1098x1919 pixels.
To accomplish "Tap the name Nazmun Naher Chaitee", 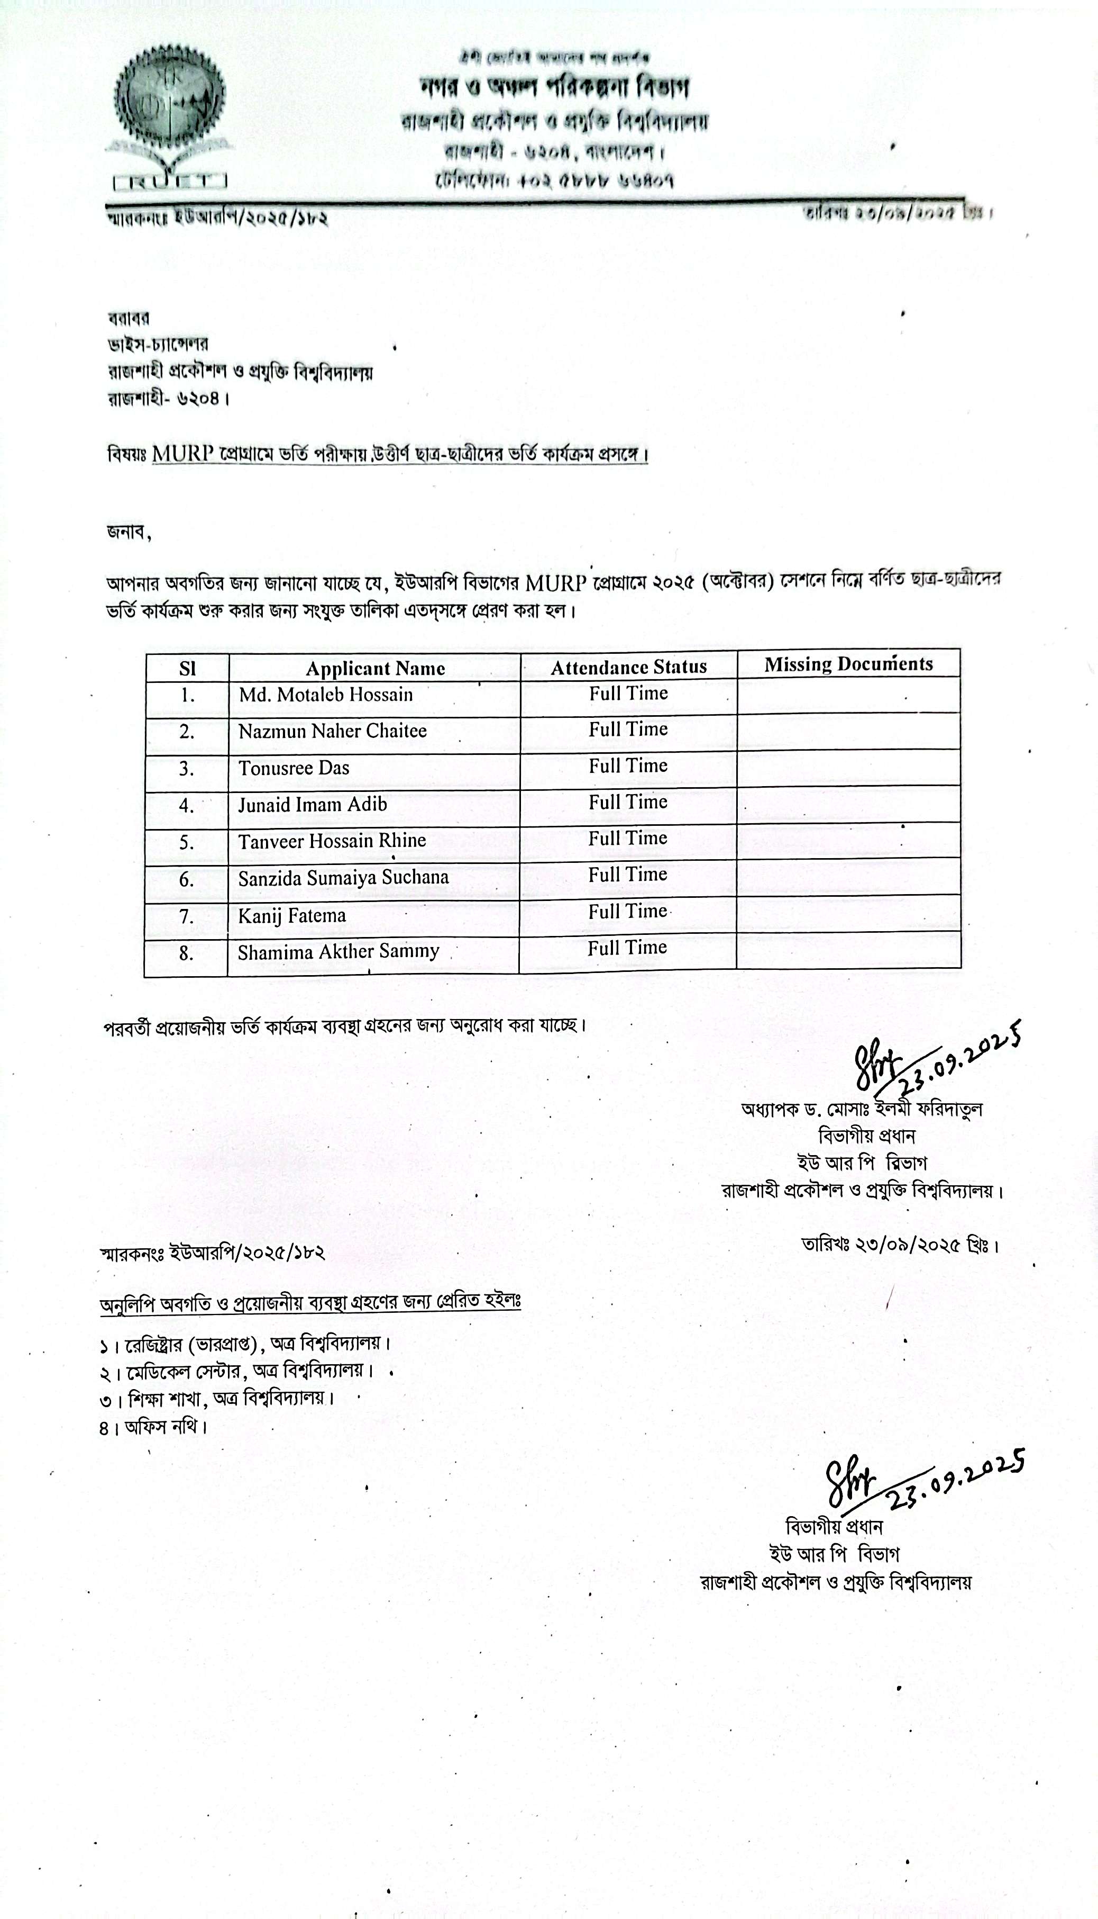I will click(333, 731).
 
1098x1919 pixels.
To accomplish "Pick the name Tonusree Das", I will click(294, 768).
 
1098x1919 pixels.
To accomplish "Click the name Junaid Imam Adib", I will click(312, 805).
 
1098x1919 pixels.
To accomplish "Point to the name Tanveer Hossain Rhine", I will click(332, 841).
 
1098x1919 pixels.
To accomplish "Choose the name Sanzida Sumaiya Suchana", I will click(343, 878).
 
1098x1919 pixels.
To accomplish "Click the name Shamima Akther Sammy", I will click(338, 952).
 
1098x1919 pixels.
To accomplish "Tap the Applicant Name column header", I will click(375, 669).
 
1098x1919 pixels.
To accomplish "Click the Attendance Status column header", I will click(628, 667).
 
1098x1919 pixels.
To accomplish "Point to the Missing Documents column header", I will click(848, 664).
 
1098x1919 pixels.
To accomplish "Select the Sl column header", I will click(187, 669).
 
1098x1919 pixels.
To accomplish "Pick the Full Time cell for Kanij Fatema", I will click(627, 912).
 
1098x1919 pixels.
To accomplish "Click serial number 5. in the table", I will click(186, 843).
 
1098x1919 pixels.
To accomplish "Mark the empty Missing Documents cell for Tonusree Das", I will click(848, 768).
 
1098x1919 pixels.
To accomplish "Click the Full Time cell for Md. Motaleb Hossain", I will click(628, 693).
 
